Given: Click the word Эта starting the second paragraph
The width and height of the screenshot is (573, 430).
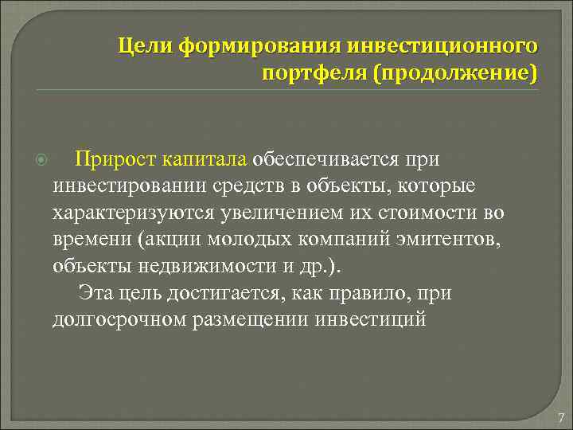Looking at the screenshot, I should click(x=95, y=293).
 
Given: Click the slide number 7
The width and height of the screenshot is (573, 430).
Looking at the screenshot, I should click(x=561, y=418).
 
